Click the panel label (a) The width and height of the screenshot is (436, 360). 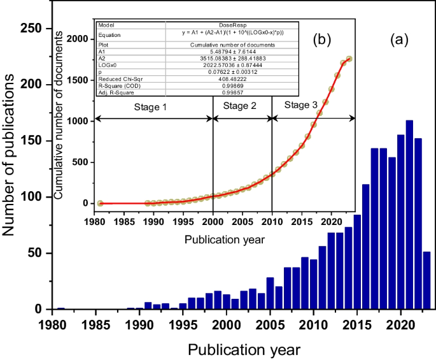click(399, 40)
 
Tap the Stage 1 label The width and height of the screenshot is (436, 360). click(150, 107)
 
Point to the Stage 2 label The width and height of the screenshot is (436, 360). click(241, 107)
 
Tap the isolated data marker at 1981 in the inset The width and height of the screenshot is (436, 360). click(100, 203)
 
